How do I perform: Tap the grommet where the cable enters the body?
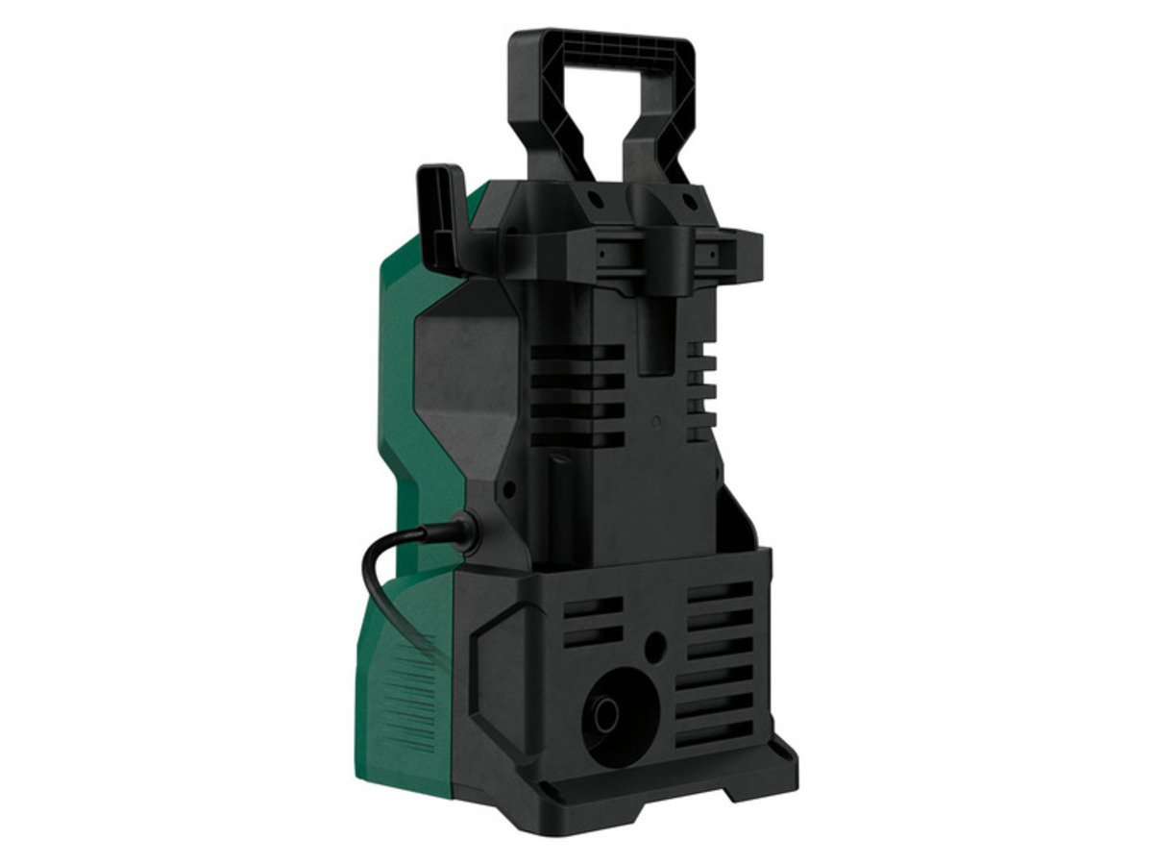point(466,531)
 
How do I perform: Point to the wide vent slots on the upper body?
point(576,394)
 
